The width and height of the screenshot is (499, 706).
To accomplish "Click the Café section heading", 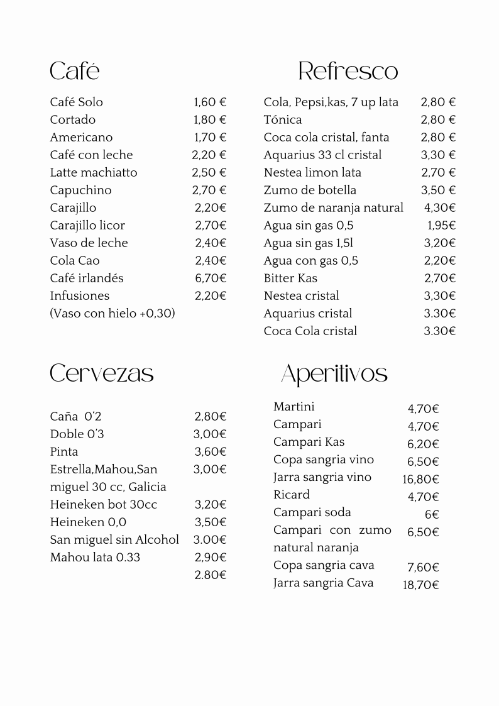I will [x=75, y=71].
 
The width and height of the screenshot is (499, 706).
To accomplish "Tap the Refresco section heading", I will [x=348, y=71].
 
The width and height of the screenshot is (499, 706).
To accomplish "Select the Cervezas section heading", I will [x=102, y=373].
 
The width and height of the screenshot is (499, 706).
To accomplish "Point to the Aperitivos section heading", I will [x=334, y=373].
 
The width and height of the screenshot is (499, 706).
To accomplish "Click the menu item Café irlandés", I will [x=87, y=278].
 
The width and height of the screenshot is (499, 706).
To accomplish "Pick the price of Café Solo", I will [x=210, y=102].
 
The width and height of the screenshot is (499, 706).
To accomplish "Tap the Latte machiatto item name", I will [x=93, y=172].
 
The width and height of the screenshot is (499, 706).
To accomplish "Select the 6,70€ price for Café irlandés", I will [x=211, y=278].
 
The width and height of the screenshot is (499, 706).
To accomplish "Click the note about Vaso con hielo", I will [x=112, y=313].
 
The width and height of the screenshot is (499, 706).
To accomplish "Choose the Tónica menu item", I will [x=283, y=119].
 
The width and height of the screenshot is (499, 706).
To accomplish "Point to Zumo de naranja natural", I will [x=333, y=207].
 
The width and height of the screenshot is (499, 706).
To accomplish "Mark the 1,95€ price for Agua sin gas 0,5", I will [x=442, y=225].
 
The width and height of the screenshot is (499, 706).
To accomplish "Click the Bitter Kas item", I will [x=290, y=278].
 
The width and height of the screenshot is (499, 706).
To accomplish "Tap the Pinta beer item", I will [x=64, y=451].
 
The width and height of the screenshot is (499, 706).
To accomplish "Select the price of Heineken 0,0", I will [x=211, y=522].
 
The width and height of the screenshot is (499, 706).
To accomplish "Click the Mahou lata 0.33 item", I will [x=95, y=557].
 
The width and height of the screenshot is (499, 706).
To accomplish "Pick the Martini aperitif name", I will [x=294, y=407].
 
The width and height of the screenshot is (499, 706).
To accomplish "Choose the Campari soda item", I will [x=312, y=512].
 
